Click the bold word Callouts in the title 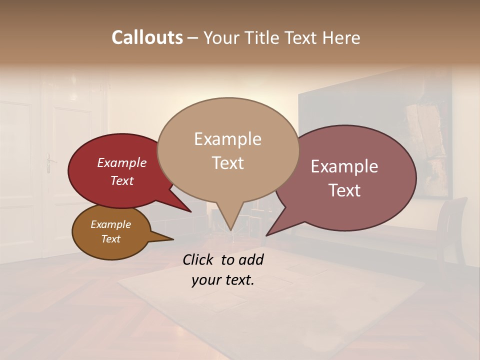147,38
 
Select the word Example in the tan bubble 227,139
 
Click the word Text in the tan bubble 227,163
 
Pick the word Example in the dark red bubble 121,162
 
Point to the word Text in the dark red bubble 121,180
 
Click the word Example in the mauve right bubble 344,166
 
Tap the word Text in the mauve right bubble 344,190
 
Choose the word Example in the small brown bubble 110,224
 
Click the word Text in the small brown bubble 110,239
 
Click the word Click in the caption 199,259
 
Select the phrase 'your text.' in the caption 222,280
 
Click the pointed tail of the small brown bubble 170,239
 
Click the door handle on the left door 49,162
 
